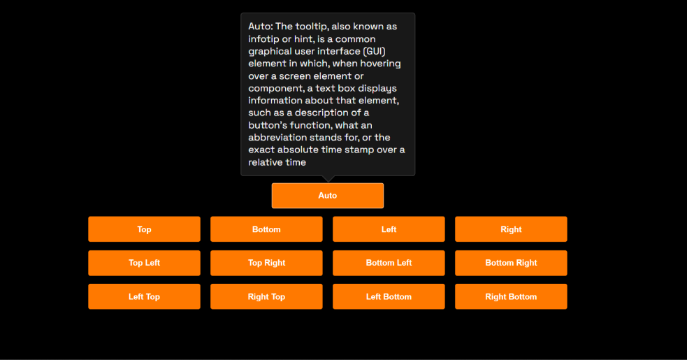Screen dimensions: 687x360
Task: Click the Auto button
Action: tap(327, 196)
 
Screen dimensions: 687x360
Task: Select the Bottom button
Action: tap(266, 229)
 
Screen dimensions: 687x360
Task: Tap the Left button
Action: tap(389, 229)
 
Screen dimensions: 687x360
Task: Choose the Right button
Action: tap(511, 229)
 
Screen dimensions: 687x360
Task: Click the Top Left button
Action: tap(144, 263)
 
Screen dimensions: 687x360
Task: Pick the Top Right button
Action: tap(266, 263)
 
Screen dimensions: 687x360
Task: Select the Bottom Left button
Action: tap(389, 263)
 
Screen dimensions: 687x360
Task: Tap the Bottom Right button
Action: tap(511, 263)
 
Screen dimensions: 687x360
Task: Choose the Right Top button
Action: tap(266, 296)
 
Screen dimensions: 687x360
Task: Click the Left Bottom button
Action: tap(389, 296)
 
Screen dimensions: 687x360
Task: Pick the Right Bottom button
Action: tap(511, 296)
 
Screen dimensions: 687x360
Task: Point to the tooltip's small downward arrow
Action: tap(328, 179)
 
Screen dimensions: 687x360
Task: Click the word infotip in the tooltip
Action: tap(264, 39)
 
